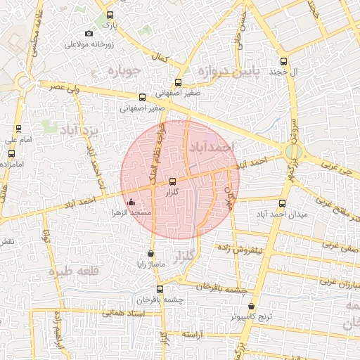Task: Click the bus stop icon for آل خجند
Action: pyautogui.click(x=283, y=61)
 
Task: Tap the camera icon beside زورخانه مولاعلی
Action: pyautogui.click(x=89, y=34)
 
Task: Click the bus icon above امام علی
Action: pyautogui.click(x=18, y=129)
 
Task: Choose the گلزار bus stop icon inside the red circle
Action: pyautogui.click(x=173, y=181)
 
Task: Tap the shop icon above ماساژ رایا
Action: pyautogui.click(x=150, y=254)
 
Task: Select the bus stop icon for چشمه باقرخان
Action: pyautogui.click(x=160, y=288)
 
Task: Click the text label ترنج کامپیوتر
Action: pyautogui.click(x=252, y=317)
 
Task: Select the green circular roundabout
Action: pyautogui.click(x=294, y=151)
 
